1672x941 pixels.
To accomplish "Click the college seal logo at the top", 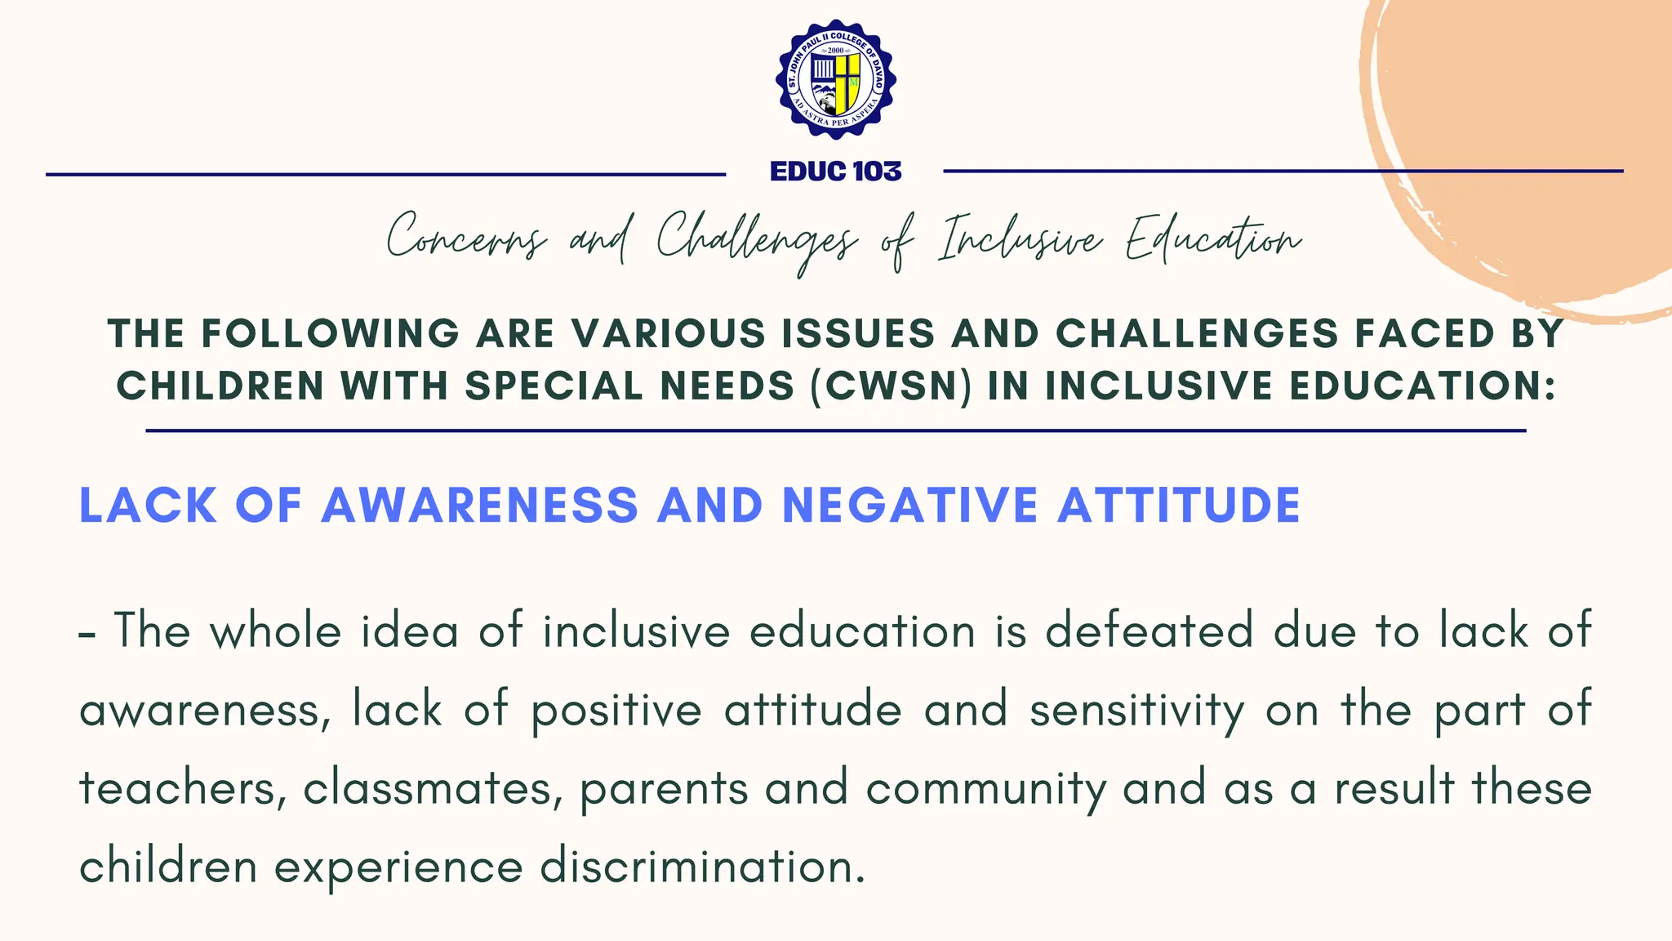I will tap(836, 79).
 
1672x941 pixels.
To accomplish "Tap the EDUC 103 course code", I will tap(836, 172).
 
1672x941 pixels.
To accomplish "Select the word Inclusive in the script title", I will tap(1021, 239).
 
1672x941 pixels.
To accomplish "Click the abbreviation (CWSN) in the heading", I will tap(891, 386).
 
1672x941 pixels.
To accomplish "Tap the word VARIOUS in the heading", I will tap(669, 333).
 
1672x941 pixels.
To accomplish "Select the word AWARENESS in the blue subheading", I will tap(479, 505).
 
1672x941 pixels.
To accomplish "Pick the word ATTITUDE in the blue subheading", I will tap(1179, 505).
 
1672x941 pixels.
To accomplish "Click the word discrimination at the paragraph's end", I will tap(702, 866).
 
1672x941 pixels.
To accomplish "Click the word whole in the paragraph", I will tap(276, 631).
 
